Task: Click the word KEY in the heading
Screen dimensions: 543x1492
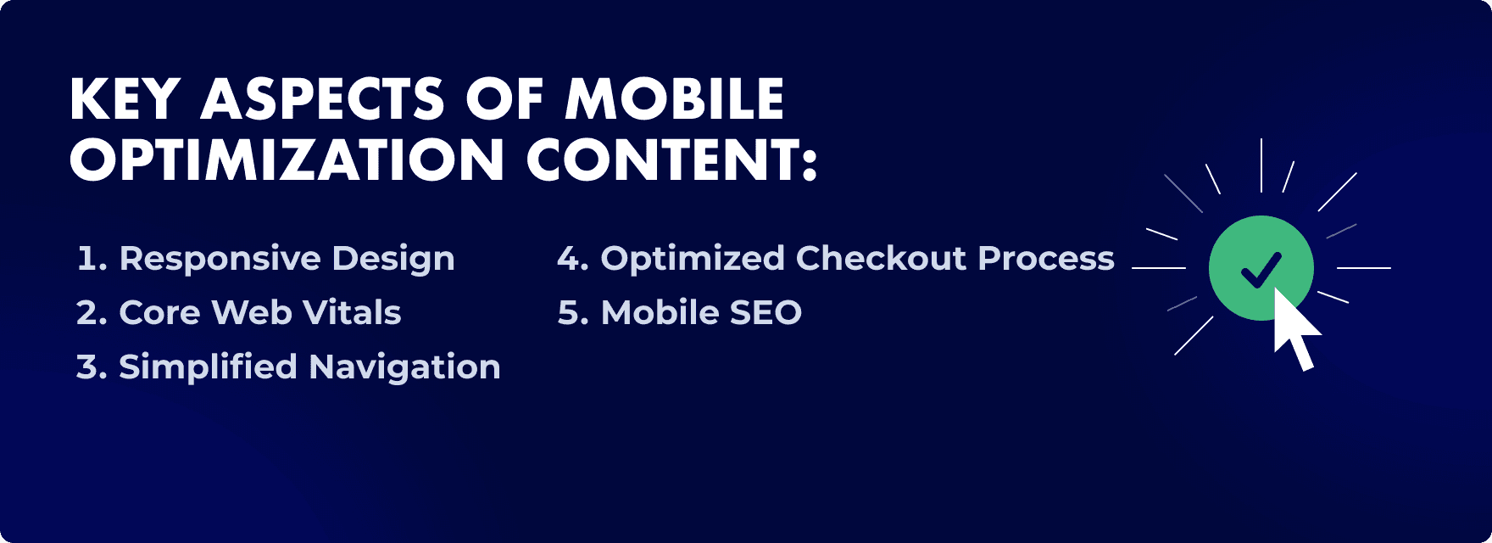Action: tap(125, 99)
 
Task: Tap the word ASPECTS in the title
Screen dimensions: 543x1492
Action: tap(322, 99)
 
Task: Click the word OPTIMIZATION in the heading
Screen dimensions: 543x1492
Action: tap(287, 160)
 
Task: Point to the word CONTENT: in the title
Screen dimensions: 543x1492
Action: tap(671, 160)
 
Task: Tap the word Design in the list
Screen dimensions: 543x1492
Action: tap(393, 259)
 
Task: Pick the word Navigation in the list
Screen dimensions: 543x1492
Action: tap(404, 367)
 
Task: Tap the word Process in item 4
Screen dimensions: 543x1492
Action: tap(1045, 259)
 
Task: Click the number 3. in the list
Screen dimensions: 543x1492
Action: tap(92, 367)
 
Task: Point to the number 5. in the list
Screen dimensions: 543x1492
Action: tap(573, 313)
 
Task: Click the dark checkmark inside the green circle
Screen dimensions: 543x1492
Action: tap(1261, 269)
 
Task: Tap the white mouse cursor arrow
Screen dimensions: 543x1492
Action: tap(1294, 329)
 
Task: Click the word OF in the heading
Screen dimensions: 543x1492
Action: tap(505, 99)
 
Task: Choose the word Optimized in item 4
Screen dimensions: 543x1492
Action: tap(693, 259)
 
